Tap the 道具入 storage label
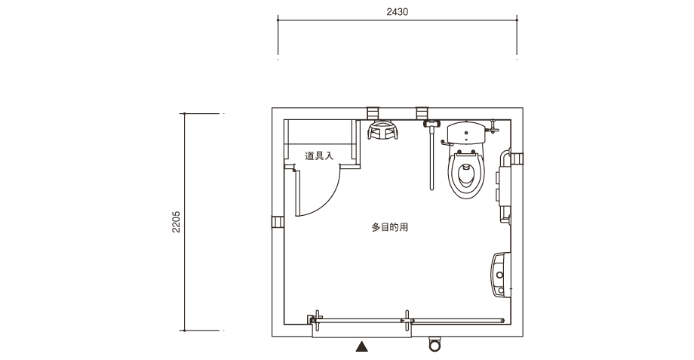pos(318,156)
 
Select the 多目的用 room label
pos(389,227)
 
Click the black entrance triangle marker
pos(362,346)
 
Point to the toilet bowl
pos(466,174)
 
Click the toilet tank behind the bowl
pos(466,133)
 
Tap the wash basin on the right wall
pos(501,275)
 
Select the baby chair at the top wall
pos(383,130)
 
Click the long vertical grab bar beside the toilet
pos(431,157)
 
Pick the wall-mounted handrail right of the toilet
pos(504,186)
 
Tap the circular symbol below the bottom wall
pos(435,345)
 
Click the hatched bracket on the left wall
pos(278,222)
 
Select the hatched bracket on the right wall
pos(517,158)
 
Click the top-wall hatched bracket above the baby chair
pos(373,113)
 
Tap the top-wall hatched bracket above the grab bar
pos(422,113)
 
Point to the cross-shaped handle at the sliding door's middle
pos(407,321)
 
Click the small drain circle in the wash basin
pos(499,275)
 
